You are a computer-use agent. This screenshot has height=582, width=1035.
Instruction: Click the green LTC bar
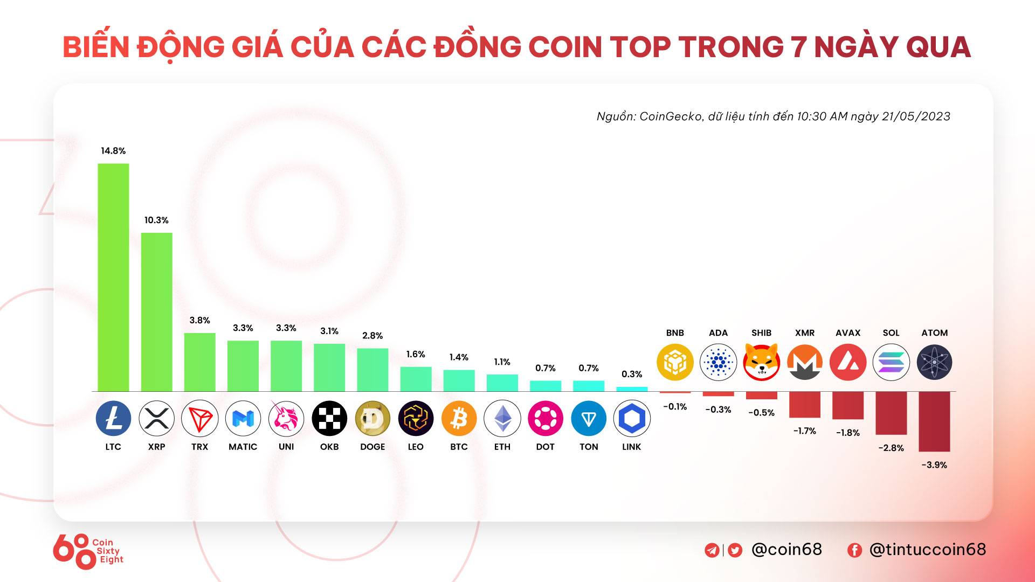pos(113,277)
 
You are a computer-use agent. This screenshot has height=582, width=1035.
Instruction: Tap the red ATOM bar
pos(934,421)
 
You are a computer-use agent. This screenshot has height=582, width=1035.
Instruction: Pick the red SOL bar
pos(891,413)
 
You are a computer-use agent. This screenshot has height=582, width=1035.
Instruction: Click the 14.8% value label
pos(113,151)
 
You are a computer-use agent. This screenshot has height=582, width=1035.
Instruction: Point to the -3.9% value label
pos(934,465)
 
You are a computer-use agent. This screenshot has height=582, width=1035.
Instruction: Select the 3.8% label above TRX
pos(199,320)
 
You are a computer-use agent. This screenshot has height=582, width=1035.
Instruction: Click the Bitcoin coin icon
pos(459,418)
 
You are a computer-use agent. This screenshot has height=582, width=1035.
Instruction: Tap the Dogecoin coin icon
pos(372,418)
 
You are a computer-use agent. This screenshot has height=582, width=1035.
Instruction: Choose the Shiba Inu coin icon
pos(761,362)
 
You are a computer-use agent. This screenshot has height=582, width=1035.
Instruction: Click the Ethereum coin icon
pos(502,418)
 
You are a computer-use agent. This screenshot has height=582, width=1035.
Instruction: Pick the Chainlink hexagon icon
pos(632,418)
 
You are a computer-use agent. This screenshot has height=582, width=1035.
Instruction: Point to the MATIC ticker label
pos(243,447)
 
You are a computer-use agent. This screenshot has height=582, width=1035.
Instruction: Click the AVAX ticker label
pos(848,333)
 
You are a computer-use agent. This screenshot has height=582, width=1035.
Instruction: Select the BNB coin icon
pos(675,362)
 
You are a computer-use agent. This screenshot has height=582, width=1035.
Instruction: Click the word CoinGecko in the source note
pos(671,116)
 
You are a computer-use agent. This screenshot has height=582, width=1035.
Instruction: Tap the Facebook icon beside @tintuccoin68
pos(854,550)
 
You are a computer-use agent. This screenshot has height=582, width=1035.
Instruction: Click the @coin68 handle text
pos(786,550)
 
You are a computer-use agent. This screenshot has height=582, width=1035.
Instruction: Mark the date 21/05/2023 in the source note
pos(916,116)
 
